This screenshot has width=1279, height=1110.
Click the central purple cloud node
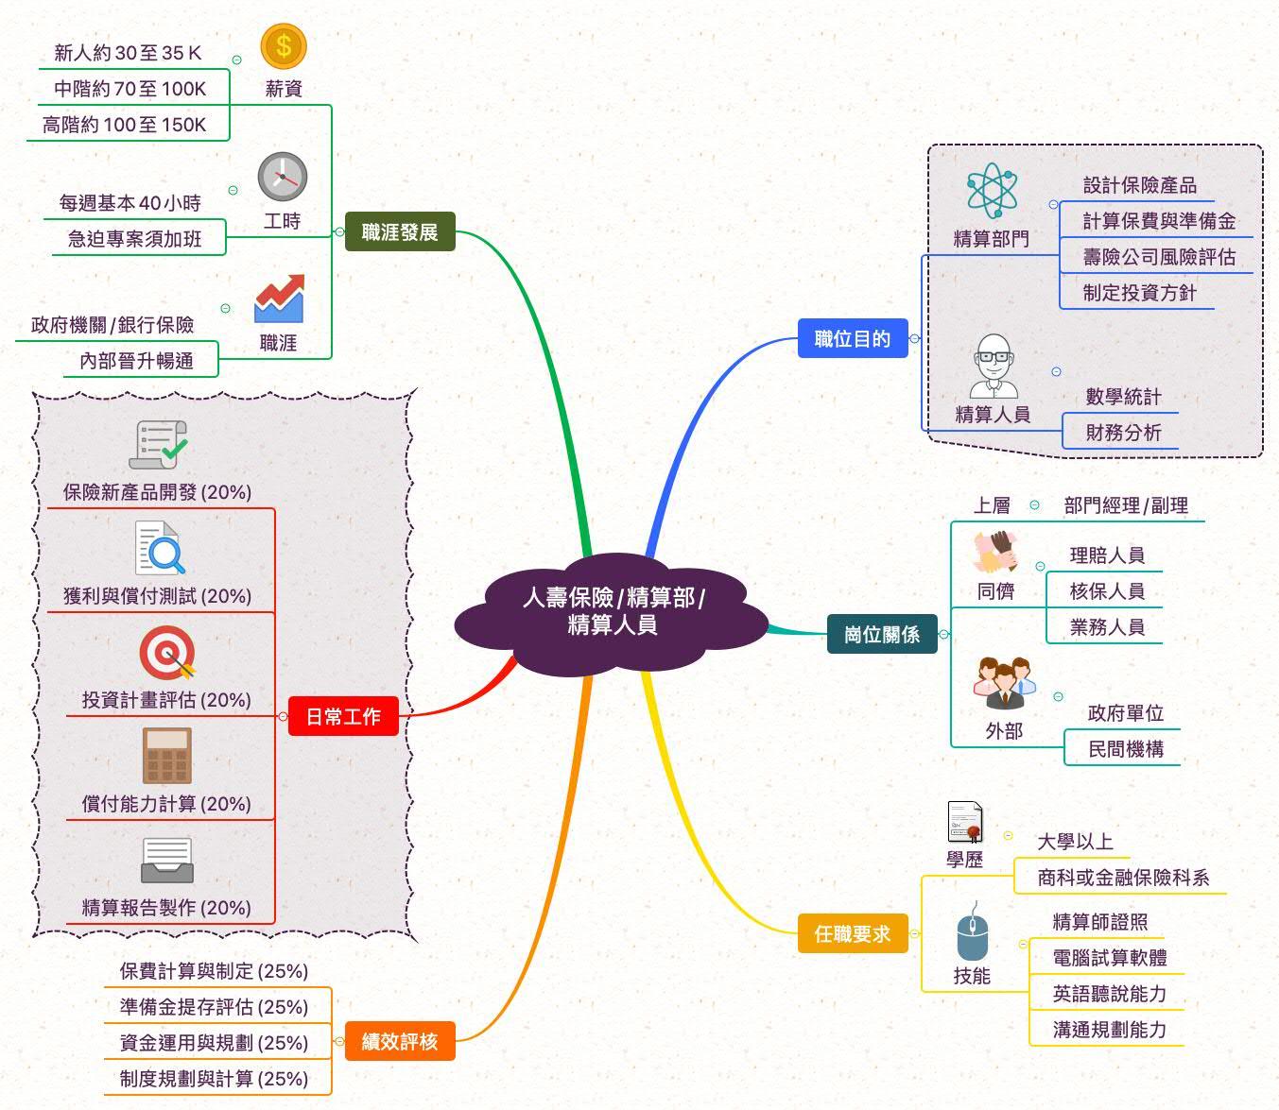613,611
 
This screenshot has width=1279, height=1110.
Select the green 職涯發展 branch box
399,231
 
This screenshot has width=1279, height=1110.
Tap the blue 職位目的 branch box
853,338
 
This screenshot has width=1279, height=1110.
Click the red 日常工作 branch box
343,716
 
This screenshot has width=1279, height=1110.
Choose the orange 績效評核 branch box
399,1041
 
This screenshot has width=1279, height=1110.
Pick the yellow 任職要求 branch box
853,933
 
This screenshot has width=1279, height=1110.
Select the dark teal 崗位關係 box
881,634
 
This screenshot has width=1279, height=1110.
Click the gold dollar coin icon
284,46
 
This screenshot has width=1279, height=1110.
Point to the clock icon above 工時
282,177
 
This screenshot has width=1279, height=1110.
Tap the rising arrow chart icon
279,299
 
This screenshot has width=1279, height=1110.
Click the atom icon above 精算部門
991,192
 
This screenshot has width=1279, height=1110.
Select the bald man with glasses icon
993,367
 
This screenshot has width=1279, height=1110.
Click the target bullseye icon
167,653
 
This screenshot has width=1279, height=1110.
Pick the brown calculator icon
167,756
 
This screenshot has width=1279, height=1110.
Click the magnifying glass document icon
160,549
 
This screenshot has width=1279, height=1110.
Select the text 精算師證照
1100,921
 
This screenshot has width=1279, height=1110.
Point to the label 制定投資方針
1139,293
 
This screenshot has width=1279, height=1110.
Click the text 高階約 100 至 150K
124,125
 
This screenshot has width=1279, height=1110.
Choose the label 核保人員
1106,591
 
